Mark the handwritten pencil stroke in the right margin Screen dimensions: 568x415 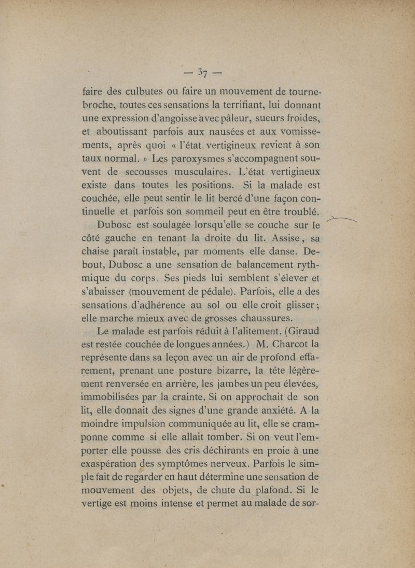click(343, 219)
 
